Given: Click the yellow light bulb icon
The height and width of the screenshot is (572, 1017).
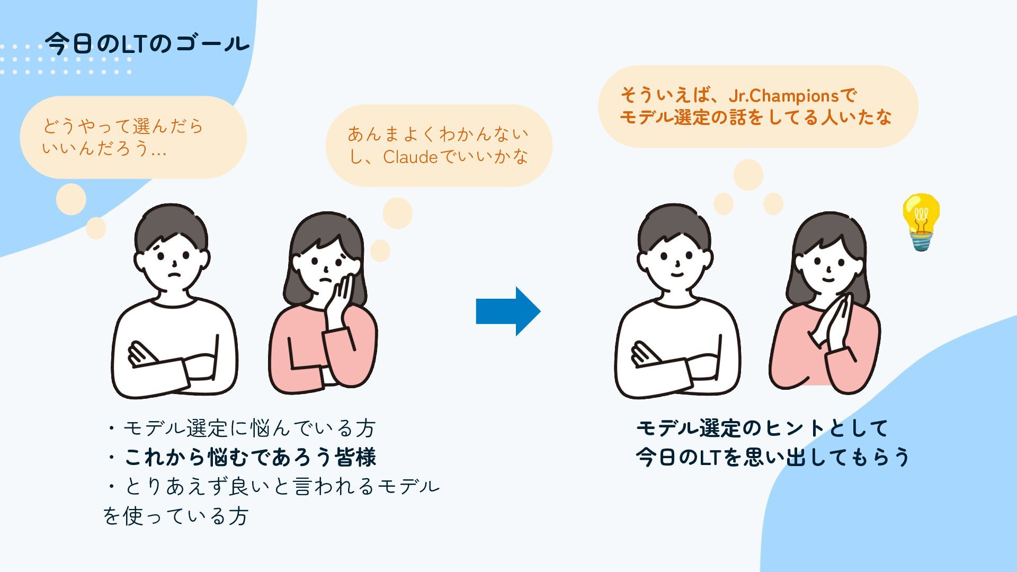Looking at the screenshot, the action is tap(921, 221).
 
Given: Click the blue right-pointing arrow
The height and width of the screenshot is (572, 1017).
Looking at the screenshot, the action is tap(507, 311).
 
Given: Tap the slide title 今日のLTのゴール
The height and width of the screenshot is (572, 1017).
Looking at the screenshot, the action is tap(147, 43).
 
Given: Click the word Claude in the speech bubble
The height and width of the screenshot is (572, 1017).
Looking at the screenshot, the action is tap(411, 157).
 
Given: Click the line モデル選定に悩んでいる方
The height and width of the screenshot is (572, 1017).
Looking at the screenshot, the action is tap(249, 428).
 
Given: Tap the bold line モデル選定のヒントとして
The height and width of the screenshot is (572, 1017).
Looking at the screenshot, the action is tap(762, 428).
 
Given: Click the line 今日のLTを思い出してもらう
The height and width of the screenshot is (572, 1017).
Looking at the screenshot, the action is tap(772, 457).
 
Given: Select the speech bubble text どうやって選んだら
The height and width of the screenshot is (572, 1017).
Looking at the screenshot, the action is tap(123, 127).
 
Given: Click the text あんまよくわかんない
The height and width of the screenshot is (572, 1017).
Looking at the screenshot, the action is tap(438, 134).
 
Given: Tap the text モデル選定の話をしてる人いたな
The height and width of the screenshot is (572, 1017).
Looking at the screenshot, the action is tap(755, 118).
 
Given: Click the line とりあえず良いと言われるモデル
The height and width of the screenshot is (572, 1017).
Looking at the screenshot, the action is tap(281, 486).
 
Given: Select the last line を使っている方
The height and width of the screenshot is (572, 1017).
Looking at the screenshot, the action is tap(175, 516).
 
